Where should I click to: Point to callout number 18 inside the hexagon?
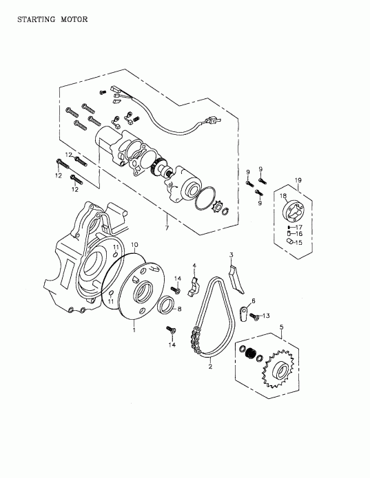[x=282, y=197]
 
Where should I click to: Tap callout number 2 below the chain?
[x=209, y=367]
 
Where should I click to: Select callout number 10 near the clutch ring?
[x=134, y=245]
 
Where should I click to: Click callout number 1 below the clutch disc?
[x=134, y=330]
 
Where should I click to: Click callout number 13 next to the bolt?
[x=267, y=316]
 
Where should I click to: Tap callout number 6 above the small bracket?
[x=252, y=301]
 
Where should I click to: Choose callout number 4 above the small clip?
[x=194, y=265]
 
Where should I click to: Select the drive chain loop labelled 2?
[x=207, y=316]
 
